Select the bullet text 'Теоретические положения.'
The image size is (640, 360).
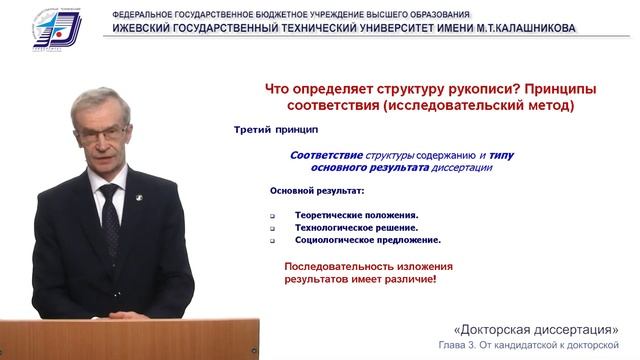356,214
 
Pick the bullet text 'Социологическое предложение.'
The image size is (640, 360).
368,240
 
